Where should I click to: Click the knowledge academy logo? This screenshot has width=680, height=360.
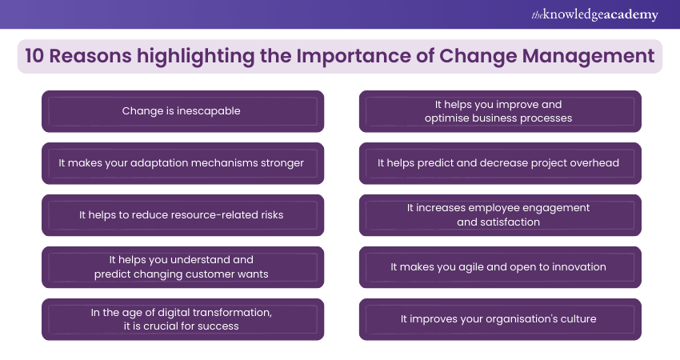pos(594,14)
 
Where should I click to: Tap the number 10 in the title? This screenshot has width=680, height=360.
pos(34,56)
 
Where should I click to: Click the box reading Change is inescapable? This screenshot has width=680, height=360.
pos(182,111)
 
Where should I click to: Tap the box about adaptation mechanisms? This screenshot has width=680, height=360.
pos(182,163)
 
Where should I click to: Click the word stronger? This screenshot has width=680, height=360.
pos(282,163)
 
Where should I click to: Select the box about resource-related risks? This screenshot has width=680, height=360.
pos(182,215)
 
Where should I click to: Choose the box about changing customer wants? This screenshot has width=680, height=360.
pos(182,267)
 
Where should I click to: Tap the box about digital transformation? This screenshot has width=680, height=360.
pos(182,319)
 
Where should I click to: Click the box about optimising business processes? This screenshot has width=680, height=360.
pos(500,111)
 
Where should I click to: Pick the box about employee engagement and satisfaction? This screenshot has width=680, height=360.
pos(500,215)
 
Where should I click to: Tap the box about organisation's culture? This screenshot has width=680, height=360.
pos(500,319)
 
